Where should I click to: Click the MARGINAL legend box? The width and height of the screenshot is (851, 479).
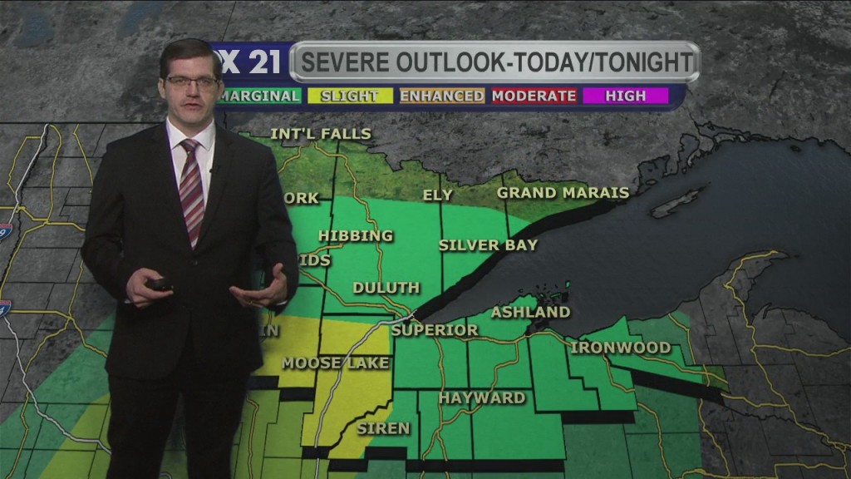(258, 96)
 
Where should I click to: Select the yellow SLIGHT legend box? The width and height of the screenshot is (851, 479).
(349, 96)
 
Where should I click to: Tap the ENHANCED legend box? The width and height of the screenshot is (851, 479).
(441, 96)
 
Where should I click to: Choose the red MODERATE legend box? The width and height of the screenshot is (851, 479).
(534, 96)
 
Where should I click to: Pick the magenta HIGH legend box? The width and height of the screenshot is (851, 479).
(626, 96)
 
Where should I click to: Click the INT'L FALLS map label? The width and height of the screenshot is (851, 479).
(321, 134)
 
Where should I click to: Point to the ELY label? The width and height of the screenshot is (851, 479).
(438, 195)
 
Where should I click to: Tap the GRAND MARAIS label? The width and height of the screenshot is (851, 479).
(563, 193)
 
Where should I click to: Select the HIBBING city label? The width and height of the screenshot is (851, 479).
(356, 236)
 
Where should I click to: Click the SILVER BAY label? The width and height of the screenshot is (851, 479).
(488, 245)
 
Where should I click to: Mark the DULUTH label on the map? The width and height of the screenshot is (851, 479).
(386, 288)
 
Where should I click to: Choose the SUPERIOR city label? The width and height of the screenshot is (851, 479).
(435, 330)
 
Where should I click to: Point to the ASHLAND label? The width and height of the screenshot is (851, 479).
(530, 313)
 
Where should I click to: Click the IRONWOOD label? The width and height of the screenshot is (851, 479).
(621, 347)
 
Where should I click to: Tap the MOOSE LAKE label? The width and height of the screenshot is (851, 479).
(322, 363)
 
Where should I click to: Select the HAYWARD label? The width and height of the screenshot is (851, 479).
(482, 398)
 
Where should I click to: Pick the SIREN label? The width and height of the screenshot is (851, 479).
(383, 428)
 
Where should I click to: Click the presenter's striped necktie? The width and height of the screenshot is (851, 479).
(192, 191)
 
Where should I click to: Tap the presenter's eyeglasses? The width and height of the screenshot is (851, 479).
(192, 81)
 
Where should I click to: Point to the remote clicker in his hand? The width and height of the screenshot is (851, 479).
(159, 284)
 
